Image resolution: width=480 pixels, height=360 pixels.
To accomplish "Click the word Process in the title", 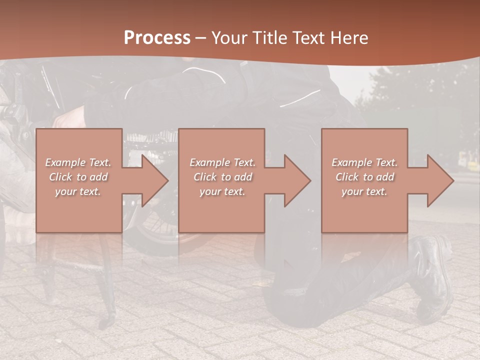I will pos(157,38).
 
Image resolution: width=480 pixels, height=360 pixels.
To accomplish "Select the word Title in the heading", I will pos(270,38).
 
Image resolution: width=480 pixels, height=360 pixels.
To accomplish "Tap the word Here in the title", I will pos(349,38).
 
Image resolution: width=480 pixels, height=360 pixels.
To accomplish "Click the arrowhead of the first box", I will pos(155,180).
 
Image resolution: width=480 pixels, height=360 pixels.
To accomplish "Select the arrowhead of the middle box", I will pos(297,180).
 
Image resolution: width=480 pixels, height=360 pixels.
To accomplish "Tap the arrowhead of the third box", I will pos(440,180).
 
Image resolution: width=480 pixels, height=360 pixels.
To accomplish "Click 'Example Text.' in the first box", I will pos(78,162).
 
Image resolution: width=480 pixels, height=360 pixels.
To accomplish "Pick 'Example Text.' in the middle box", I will pos(222,162).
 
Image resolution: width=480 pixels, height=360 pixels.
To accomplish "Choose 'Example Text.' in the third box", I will pos(364,162).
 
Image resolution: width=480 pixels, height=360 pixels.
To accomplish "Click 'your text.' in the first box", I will pos(78,191).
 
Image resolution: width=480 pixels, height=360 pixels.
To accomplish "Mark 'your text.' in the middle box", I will pos(222,191).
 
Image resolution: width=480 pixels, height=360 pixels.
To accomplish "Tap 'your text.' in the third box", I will pos(364,191).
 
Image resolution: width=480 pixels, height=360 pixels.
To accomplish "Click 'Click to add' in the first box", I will pos(78,177).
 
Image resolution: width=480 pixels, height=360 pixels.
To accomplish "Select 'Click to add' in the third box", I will pos(364,177).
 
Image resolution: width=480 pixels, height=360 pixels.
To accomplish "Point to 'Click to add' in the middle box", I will pos(222,177).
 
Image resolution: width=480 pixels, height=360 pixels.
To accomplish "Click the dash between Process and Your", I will pos(201,38).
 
